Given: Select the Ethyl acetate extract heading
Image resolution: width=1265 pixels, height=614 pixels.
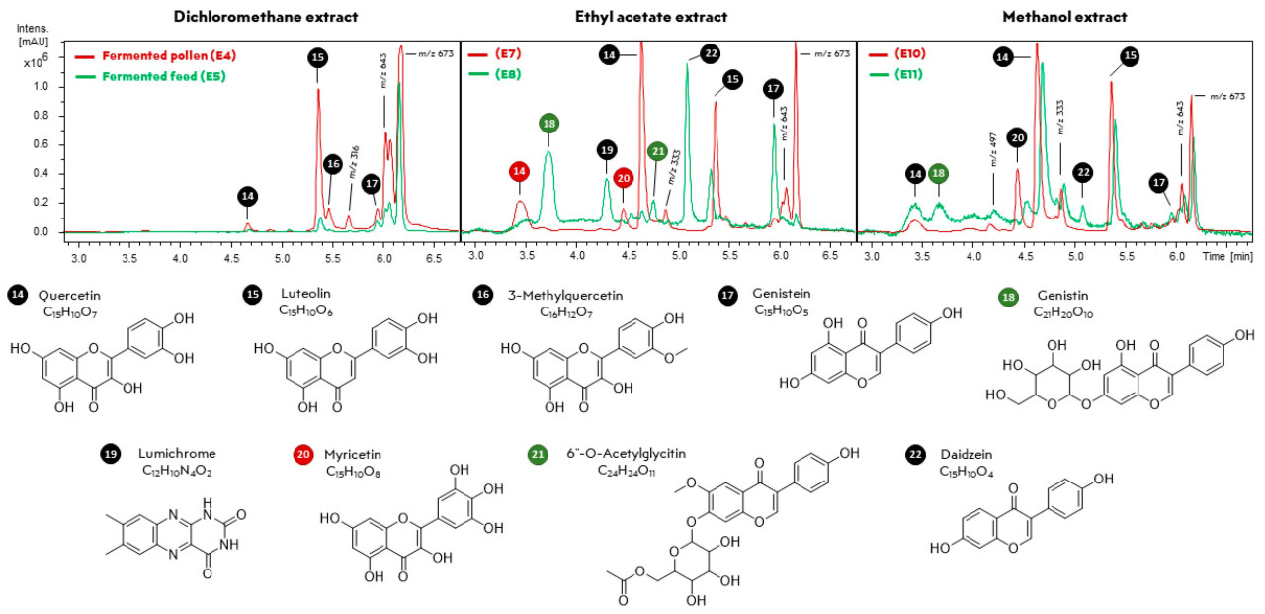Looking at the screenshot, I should click(x=651, y=17).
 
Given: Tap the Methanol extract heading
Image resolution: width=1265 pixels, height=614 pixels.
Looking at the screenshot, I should click(x=1050, y=17).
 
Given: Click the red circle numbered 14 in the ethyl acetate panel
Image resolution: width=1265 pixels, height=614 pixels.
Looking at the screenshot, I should click(x=520, y=172).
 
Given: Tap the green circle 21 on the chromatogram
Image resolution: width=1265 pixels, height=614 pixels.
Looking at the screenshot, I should click(x=657, y=151).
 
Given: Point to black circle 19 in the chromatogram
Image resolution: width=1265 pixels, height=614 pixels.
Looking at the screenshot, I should click(x=606, y=150).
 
